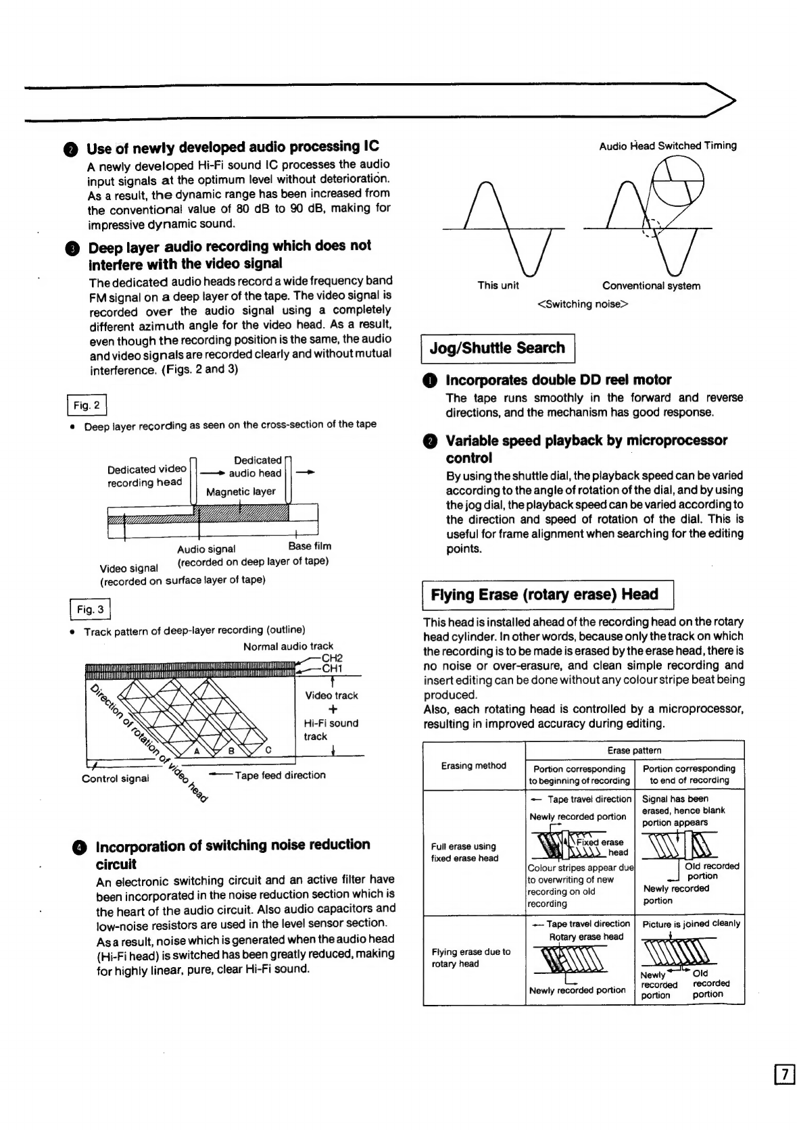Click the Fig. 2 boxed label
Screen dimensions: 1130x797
[87, 406]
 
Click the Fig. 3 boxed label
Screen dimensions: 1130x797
[90, 610]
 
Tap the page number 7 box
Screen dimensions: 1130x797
[784, 1074]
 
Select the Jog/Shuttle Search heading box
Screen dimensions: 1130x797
[498, 348]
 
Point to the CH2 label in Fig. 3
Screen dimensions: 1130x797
[332, 658]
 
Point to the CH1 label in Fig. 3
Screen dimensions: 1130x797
[333, 669]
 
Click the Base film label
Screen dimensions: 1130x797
[310, 546]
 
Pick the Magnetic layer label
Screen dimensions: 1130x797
[241, 492]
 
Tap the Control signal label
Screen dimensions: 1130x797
[115, 779]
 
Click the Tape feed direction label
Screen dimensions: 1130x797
[280, 775]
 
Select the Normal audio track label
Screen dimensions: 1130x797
[288, 647]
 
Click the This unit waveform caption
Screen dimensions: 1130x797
[498, 285]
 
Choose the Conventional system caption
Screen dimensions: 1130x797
[651, 286]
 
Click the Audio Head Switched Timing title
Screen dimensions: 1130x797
[668, 145]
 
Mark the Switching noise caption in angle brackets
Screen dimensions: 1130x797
[583, 304]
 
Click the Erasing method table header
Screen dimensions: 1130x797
[473, 766]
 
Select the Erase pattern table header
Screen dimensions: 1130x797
[634, 750]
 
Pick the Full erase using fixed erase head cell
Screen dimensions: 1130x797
[464, 852]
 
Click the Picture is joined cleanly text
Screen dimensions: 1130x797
[691, 924]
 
